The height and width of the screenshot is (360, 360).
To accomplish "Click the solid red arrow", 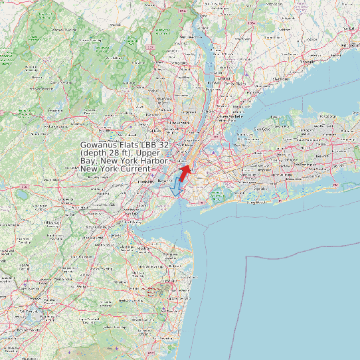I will point(185,173).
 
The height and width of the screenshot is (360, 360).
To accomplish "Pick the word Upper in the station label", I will point(149,153).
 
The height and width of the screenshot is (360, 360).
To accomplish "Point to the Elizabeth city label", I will point(145,181).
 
